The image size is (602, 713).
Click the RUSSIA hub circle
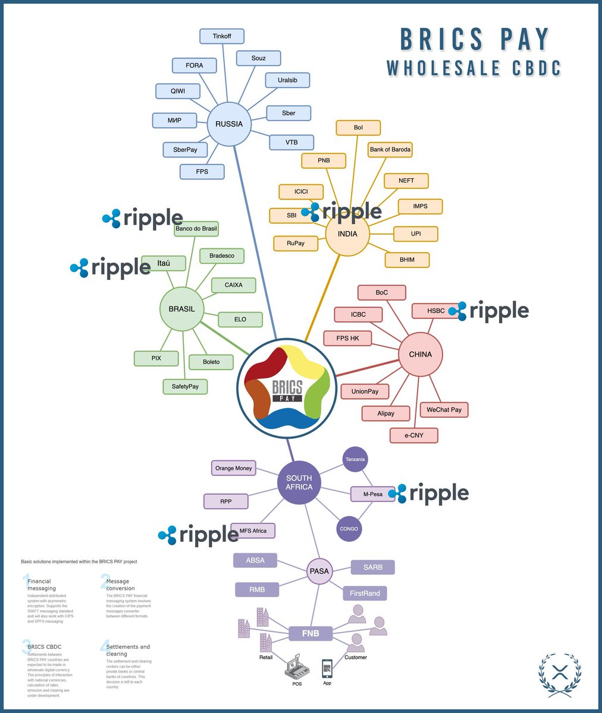click(x=229, y=124)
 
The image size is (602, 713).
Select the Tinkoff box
click(x=222, y=36)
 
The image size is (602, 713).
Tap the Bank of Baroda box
click(x=390, y=149)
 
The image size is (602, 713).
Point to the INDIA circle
click(x=347, y=234)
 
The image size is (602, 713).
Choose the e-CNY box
click(x=414, y=435)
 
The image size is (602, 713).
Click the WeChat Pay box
click(x=444, y=409)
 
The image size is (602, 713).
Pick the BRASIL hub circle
click(x=181, y=309)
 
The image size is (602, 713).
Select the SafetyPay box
click(x=185, y=386)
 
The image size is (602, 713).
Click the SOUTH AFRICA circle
click(x=299, y=482)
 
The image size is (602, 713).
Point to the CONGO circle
click(x=349, y=528)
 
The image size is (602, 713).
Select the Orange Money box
click(x=234, y=468)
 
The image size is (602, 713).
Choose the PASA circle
click(x=319, y=571)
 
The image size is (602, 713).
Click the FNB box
click(x=311, y=633)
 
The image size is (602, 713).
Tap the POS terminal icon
click(x=296, y=669)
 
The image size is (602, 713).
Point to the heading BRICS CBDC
click(x=45, y=646)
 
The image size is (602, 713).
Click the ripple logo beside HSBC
click(x=489, y=311)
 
